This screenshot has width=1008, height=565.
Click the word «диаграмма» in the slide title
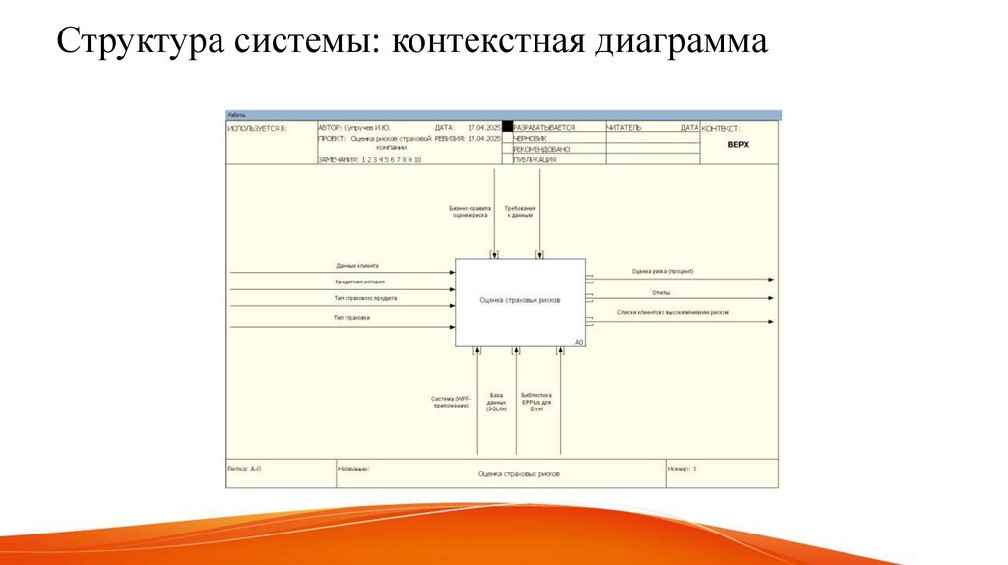678,42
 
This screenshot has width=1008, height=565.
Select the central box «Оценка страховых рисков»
520,300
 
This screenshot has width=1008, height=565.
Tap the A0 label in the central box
579,342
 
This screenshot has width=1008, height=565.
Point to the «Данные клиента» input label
356,266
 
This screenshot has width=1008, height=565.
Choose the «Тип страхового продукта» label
365,297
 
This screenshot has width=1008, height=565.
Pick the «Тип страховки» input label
352,318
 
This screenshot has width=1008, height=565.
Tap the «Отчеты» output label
661,291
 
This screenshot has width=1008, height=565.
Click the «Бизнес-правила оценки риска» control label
470,212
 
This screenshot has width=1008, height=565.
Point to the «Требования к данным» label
520,212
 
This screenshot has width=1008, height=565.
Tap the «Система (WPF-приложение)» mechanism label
450,402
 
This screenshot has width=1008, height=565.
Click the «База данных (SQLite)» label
496,402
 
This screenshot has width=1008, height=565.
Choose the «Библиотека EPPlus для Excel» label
536,402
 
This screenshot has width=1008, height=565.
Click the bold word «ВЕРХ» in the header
738,144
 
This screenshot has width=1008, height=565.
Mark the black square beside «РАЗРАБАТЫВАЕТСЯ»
508,127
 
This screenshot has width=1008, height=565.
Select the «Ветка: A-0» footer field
245,470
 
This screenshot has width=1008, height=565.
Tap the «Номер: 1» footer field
682,470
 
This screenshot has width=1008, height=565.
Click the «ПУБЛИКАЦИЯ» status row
535,159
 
